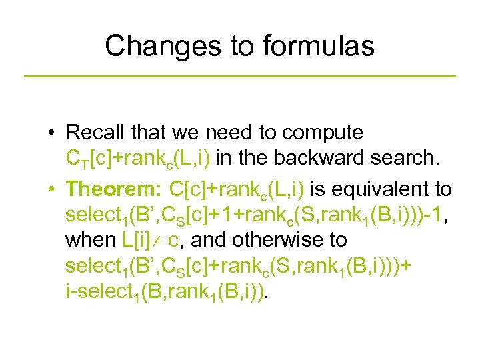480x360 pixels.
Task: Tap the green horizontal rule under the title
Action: pos(240,77)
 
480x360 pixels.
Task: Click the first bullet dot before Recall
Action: pos(51,133)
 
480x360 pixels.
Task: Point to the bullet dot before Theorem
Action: pos(51,189)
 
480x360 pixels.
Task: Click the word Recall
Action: pos(91,133)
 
